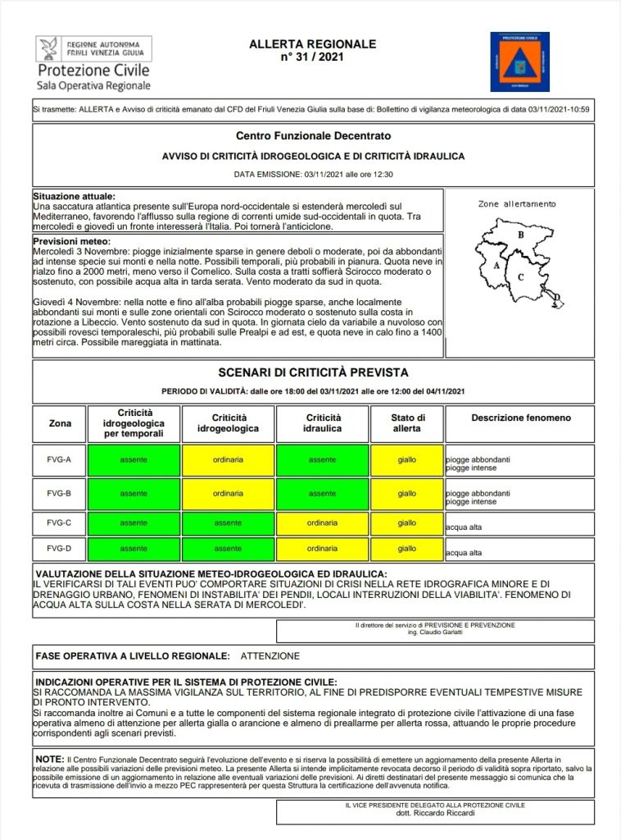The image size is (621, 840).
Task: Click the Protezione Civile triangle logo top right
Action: click(x=519, y=62)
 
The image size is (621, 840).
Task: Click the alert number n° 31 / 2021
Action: click(x=312, y=57)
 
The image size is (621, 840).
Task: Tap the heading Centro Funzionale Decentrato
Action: click(x=313, y=135)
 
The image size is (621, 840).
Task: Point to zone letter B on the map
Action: click(x=520, y=235)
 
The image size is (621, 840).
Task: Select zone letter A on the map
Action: click(x=497, y=267)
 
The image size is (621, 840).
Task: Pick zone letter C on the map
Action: click(x=521, y=276)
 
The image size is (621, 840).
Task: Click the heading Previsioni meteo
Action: click(x=70, y=242)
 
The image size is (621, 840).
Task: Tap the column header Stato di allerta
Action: click(x=407, y=423)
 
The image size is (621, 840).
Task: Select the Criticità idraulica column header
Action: click(x=322, y=423)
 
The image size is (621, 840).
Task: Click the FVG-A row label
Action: click(x=59, y=460)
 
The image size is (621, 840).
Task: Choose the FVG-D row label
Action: click(x=59, y=548)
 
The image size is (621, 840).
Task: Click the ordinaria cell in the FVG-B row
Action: click(x=228, y=494)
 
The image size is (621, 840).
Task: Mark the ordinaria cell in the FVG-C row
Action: click(x=322, y=523)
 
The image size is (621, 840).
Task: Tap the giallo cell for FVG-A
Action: click(x=407, y=460)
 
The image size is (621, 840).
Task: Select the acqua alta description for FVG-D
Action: click(x=464, y=553)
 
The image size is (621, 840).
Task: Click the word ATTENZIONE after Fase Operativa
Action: click(x=270, y=656)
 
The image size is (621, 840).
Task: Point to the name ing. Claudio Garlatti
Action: click(x=435, y=632)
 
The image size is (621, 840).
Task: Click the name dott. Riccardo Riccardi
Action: click(x=435, y=814)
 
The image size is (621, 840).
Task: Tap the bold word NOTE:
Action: click(x=50, y=760)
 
